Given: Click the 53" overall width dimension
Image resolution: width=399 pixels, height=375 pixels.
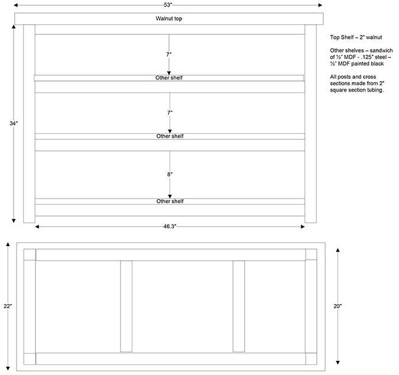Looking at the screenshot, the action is [x=168, y=5].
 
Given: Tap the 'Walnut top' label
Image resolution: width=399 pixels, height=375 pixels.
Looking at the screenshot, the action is [x=168, y=18].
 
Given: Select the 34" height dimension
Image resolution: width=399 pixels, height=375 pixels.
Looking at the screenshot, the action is [x=14, y=124].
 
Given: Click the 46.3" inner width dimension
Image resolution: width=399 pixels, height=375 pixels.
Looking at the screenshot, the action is [x=170, y=227].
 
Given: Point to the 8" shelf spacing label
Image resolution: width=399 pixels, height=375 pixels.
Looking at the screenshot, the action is [x=170, y=174].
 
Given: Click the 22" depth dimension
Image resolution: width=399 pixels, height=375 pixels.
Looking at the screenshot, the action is [x=8, y=306].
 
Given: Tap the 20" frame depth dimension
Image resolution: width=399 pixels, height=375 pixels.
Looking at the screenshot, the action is [x=338, y=306].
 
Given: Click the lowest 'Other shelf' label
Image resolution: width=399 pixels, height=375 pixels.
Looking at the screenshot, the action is [x=170, y=201].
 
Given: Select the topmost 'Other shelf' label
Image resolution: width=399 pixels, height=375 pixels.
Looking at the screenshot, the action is [x=169, y=78].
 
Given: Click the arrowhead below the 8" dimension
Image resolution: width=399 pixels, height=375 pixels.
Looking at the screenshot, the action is [x=170, y=196].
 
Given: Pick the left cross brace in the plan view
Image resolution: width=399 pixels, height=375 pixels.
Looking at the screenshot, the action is [x=126, y=306].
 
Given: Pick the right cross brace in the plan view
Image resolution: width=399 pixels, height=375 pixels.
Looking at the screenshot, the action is [x=239, y=306].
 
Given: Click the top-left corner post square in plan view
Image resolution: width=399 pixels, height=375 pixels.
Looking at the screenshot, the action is [x=30, y=254].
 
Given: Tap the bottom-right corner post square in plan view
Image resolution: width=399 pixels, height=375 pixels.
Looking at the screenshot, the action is [x=311, y=358].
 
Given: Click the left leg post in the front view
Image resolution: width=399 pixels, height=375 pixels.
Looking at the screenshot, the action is [x=30, y=124].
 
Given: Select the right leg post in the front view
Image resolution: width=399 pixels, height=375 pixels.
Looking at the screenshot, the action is [x=311, y=124].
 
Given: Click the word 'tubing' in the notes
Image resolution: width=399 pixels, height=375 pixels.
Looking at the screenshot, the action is [x=375, y=90].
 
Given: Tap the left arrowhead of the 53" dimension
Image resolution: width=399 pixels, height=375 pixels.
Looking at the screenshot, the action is [x=16, y=5].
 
